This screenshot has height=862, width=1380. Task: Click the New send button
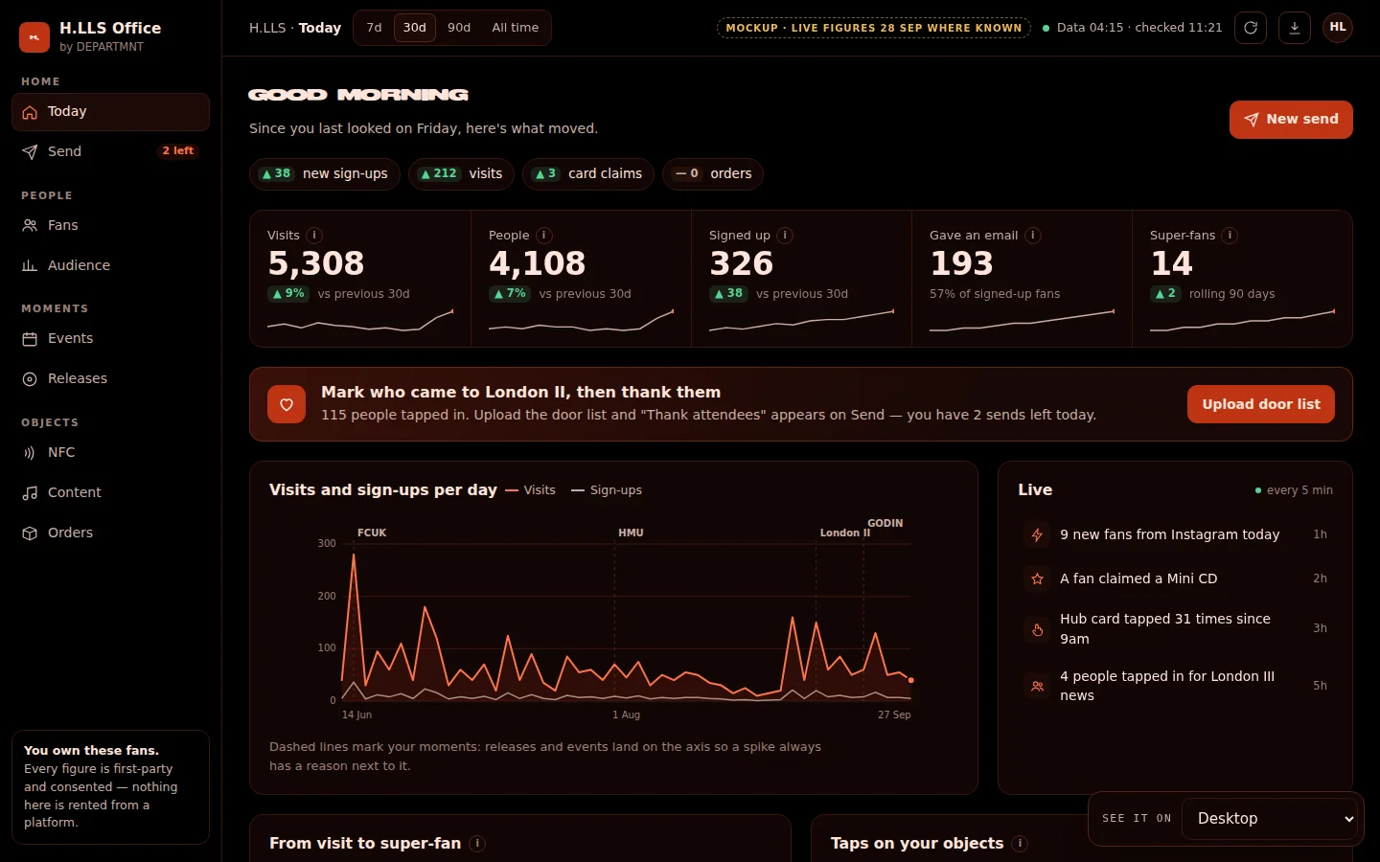(x=1291, y=119)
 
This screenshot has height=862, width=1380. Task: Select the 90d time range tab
(x=458, y=28)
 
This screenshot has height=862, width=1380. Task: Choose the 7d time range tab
(x=374, y=28)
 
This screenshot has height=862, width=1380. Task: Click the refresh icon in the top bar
(x=1250, y=28)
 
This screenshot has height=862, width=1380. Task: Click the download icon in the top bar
(x=1295, y=28)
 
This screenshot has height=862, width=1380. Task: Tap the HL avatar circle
(x=1338, y=28)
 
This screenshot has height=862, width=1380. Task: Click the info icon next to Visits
(x=314, y=236)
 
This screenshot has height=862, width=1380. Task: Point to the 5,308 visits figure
(x=316, y=262)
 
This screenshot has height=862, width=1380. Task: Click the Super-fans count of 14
(x=1171, y=262)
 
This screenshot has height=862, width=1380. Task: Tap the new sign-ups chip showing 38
(x=324, y=173)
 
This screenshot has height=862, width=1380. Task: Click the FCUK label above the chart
(x=372, y=533)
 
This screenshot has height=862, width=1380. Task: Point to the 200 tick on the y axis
(x=327, y=596)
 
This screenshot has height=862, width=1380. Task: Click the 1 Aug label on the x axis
(x=626, y=715)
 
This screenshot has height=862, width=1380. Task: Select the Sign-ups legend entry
(x=607, y=490)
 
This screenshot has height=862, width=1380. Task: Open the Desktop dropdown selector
(x=1269, y=818)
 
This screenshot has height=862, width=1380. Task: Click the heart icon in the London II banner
(x=287, y=404)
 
